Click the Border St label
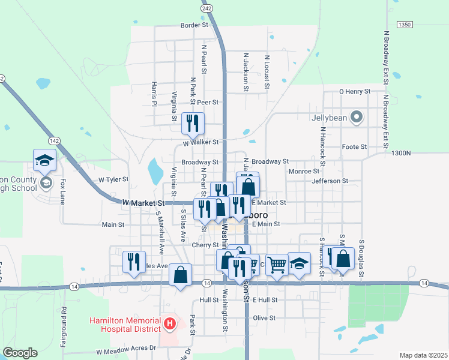pyautogui.click(x=194, y=25)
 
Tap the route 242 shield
pyautogui.click(x=207, y=8)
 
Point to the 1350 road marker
pyautogui.click(x=405, y=24)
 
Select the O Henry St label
pyautogui.click(x=355, y=91)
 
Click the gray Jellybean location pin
pyautogui.click(x=357, y=118)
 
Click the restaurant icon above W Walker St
pyautogui.click(x=193, y=124)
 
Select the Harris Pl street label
pyautogui.click(x=154, y=94)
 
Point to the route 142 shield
pyautogui.click(x=55, y=140)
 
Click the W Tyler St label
pyautogui.click(x=113, y=179)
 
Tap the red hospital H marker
pyautogui.click(x=170, y=325)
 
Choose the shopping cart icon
pyautogui.click(x=277, y=263)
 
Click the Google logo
pyautogui.click(x=20, y=353)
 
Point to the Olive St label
pyautogui.click(x=264, y=317)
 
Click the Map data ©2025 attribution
pyautogui.click(x=423, y=355)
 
